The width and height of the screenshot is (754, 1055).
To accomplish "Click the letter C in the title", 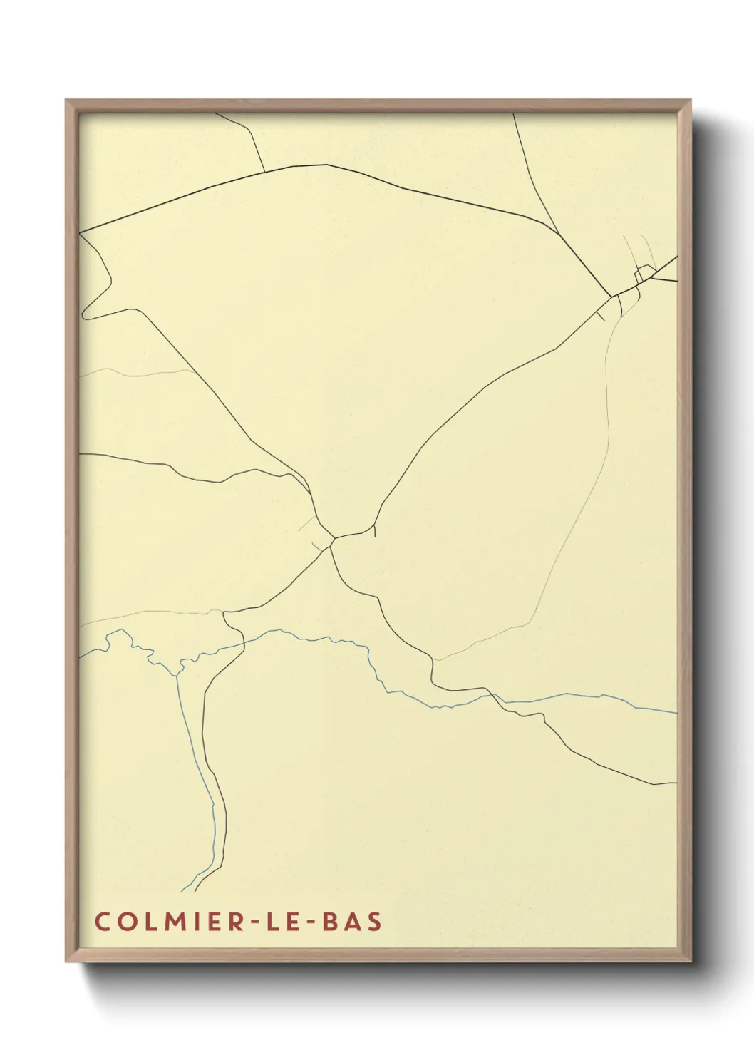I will (101, 921).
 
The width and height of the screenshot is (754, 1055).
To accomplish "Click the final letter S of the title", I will (375, 921).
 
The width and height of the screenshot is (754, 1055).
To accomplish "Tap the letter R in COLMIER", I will (234, 921).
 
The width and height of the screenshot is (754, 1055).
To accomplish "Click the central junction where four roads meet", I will (332, 540).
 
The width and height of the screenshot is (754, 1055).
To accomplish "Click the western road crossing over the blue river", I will (244, 643).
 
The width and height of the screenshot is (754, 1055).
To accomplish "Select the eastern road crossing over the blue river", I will (495, 694).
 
